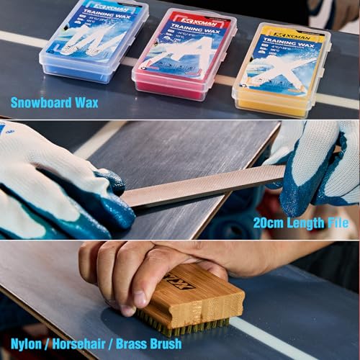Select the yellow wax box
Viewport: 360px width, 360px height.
click(x=280, y=68)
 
